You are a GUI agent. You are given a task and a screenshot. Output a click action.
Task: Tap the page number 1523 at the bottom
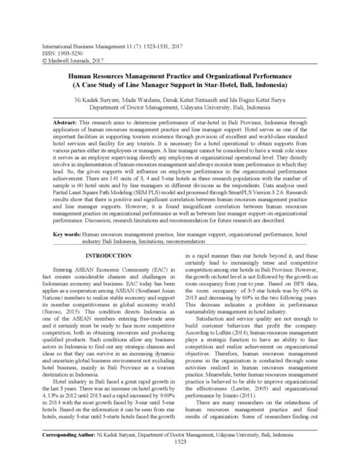(x=180, y=457)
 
